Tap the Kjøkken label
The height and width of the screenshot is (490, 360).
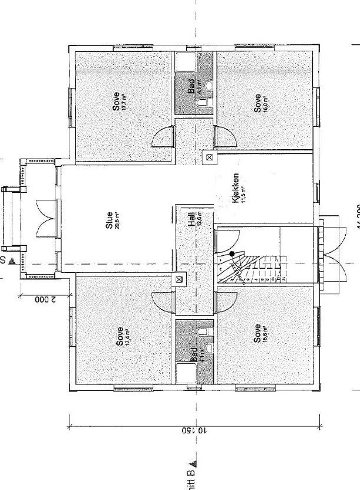click(237, 188)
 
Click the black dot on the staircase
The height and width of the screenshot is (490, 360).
click(232, 254)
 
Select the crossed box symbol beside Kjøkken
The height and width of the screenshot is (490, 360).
click(209, 157)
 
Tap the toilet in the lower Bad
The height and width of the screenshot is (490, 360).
click(202, 334)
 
